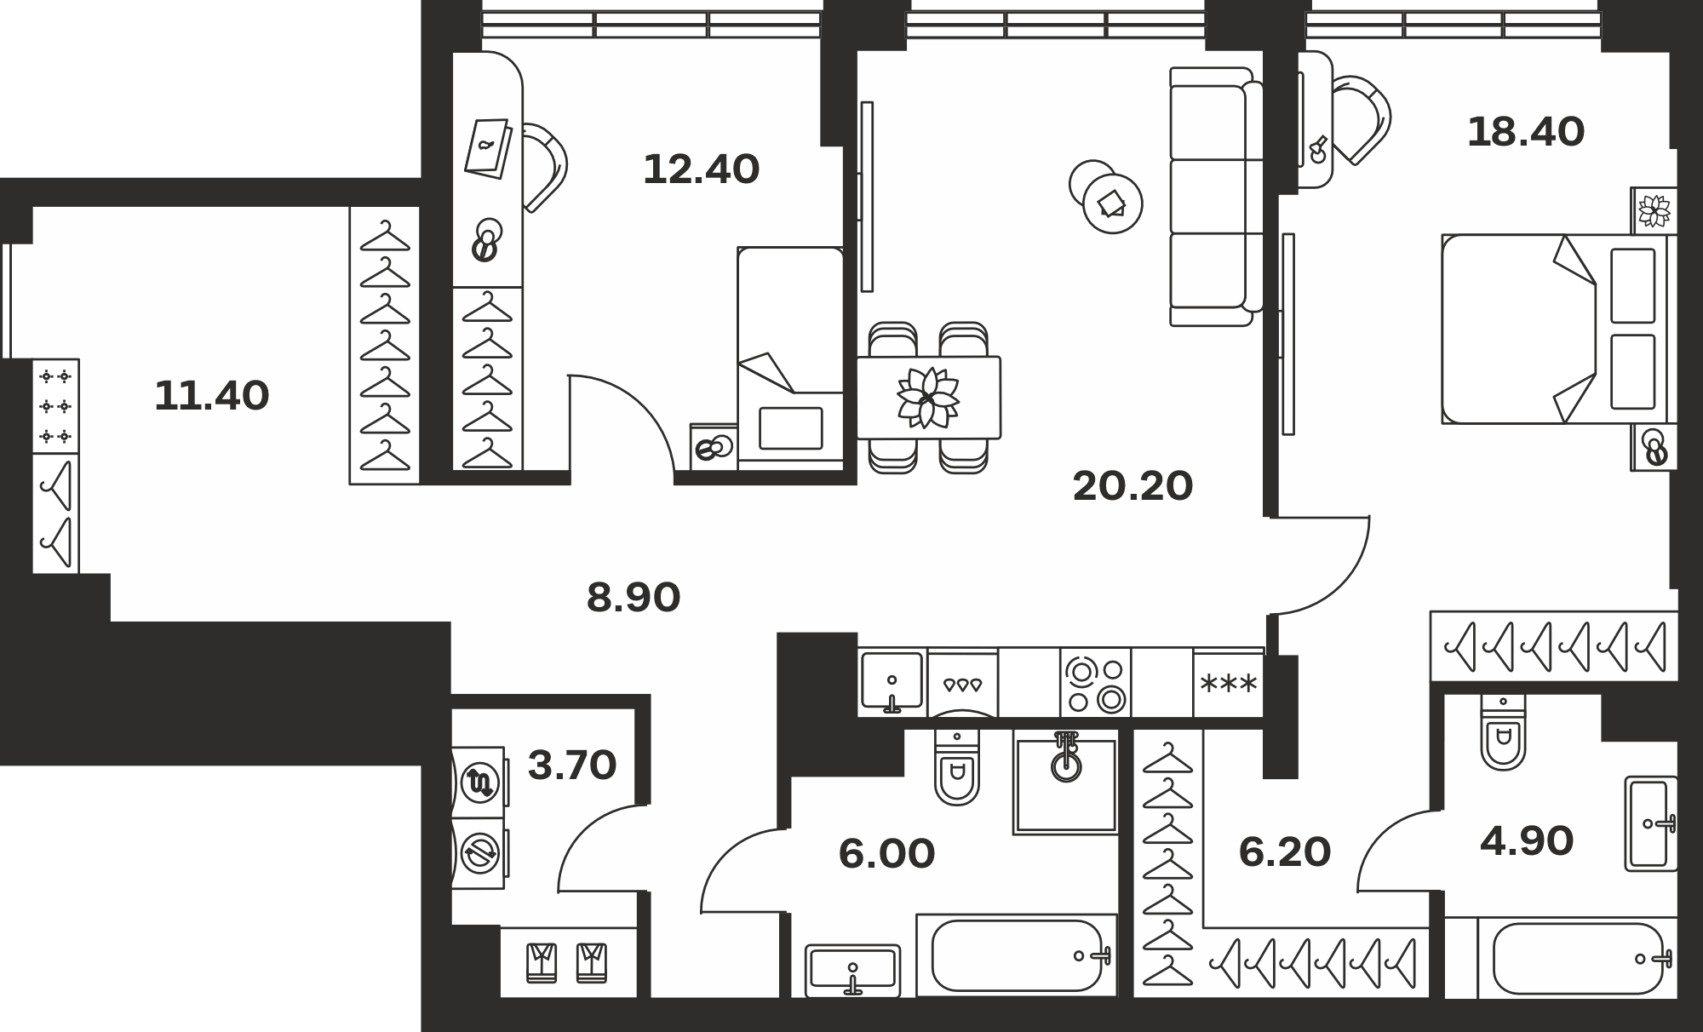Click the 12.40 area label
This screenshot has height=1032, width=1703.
(x=701, y=169)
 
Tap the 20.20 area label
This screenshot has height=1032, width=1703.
(x=1132, y=486)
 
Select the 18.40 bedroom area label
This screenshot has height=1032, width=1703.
(x=1526, y=132)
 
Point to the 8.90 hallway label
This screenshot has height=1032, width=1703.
(x=634, y=598)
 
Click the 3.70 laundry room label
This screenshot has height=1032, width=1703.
(x=572, y=765)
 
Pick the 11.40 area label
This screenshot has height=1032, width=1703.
(x=212, y=396)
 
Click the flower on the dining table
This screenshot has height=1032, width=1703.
(x=928, y=397)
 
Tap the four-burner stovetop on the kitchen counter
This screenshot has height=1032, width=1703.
(x=1096, y=682)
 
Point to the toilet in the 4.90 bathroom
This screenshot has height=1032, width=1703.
(x=1504, y=732)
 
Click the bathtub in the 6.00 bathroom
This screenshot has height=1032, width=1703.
(x=1016, y=955)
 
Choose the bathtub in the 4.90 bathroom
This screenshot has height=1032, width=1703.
(x=1578, y=958)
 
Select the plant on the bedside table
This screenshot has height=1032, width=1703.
(x=1654, y=209)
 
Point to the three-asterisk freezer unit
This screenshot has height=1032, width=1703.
(x=1228, y=683)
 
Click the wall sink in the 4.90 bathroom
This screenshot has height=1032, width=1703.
(x=1651, y=823)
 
